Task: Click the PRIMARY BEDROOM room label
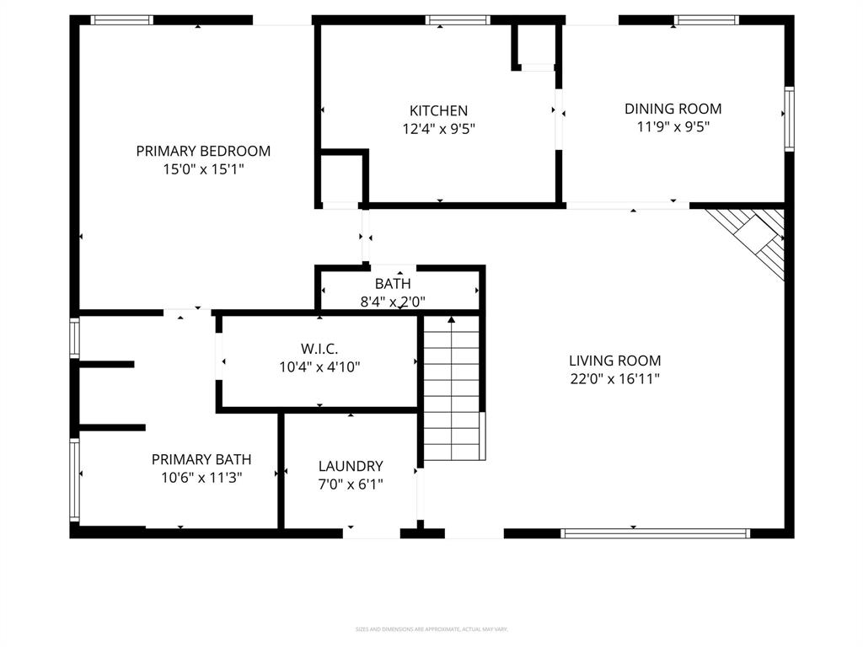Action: [x=203, y=152]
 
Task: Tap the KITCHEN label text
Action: [x=438, y=111]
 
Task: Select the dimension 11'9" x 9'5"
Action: [x=673, y=127]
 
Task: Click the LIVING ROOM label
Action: [x=614, y=361]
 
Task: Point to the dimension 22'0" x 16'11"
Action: [x=614, y=379]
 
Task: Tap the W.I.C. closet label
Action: [x=319, y=348]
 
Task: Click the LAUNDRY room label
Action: [x=351, y=466]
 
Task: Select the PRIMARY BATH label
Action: [x=201, y=459]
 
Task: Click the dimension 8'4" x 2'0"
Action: [x=393, y=301]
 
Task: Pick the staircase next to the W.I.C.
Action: [x=453, y=392]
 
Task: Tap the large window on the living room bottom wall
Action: [x=655, y=532]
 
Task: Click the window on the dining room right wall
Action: [x=789, y=119]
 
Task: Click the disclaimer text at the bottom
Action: [x=431, y=629]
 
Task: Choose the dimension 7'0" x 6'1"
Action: [x=351, y=484]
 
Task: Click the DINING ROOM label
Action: [x=673, y=109]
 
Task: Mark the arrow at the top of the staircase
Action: [x=452, y=320]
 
